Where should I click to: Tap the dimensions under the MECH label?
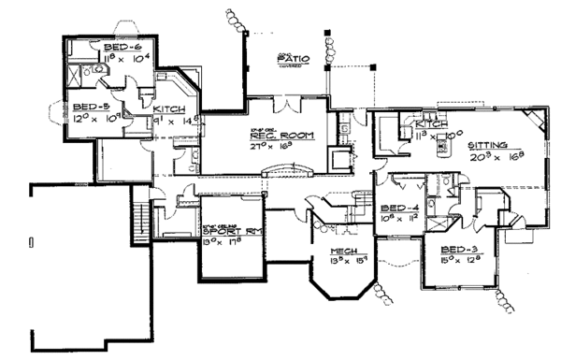(x=347, y=264)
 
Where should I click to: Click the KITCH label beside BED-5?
(x=168, y=109)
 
